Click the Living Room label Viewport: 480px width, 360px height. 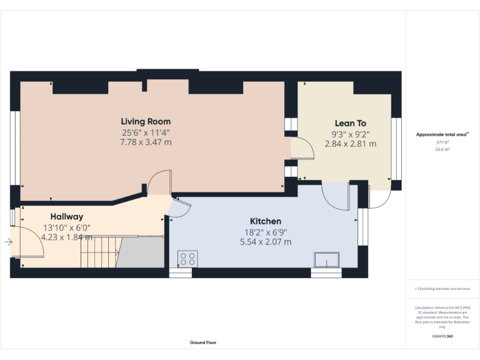tap(146, 121)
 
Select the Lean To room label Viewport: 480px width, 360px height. tap(350, 124)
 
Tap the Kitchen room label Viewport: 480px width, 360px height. tap(266, 221)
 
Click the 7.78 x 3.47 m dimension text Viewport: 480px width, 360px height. tap(146, 142)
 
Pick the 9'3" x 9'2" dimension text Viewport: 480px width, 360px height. tap(350, 134)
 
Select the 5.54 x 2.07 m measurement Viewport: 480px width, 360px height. tap(266, 241)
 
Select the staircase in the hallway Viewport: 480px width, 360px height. tap(100, 251)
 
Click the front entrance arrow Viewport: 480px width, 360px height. tap(8, 242)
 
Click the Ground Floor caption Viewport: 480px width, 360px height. tap(203, 342)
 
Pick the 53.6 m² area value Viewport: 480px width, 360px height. tap(442, 149)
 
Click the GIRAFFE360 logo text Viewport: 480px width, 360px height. tap(442, 337)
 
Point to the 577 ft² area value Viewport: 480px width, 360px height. tap(442, 142)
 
